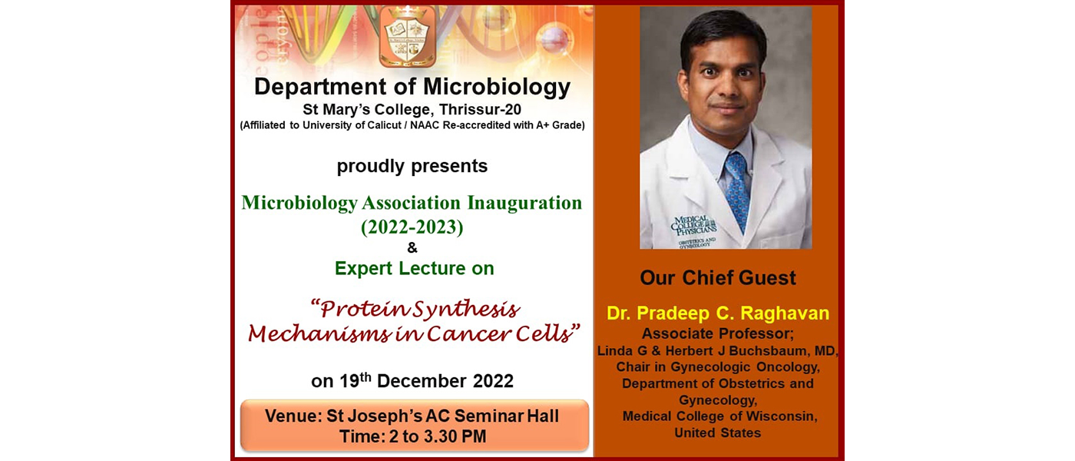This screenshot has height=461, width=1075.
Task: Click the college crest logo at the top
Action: (x=408, y=36)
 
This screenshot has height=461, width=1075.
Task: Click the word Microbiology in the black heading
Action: (x=496, y=88)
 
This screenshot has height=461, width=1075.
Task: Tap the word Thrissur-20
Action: (x=480, y=109)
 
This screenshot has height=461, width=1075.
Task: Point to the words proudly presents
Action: (x=412, y=166)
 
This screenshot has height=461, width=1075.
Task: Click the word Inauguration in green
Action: (x=524, y=203)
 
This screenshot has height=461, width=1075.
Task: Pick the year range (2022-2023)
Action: (x=412, y=227)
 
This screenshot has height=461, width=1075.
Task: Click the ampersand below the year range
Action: (x=412, y=247)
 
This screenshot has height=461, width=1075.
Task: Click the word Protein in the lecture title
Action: (x=362, y=309)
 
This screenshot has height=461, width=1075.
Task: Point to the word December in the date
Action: (x=422, y=381)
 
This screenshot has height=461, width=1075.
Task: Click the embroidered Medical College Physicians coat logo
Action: (x=695, y=230)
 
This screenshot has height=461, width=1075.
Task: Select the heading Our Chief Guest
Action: (x=718, y=277)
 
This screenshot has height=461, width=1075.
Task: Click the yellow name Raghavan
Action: (x=785, y=313)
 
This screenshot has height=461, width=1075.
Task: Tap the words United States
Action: (x=717, y=433)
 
